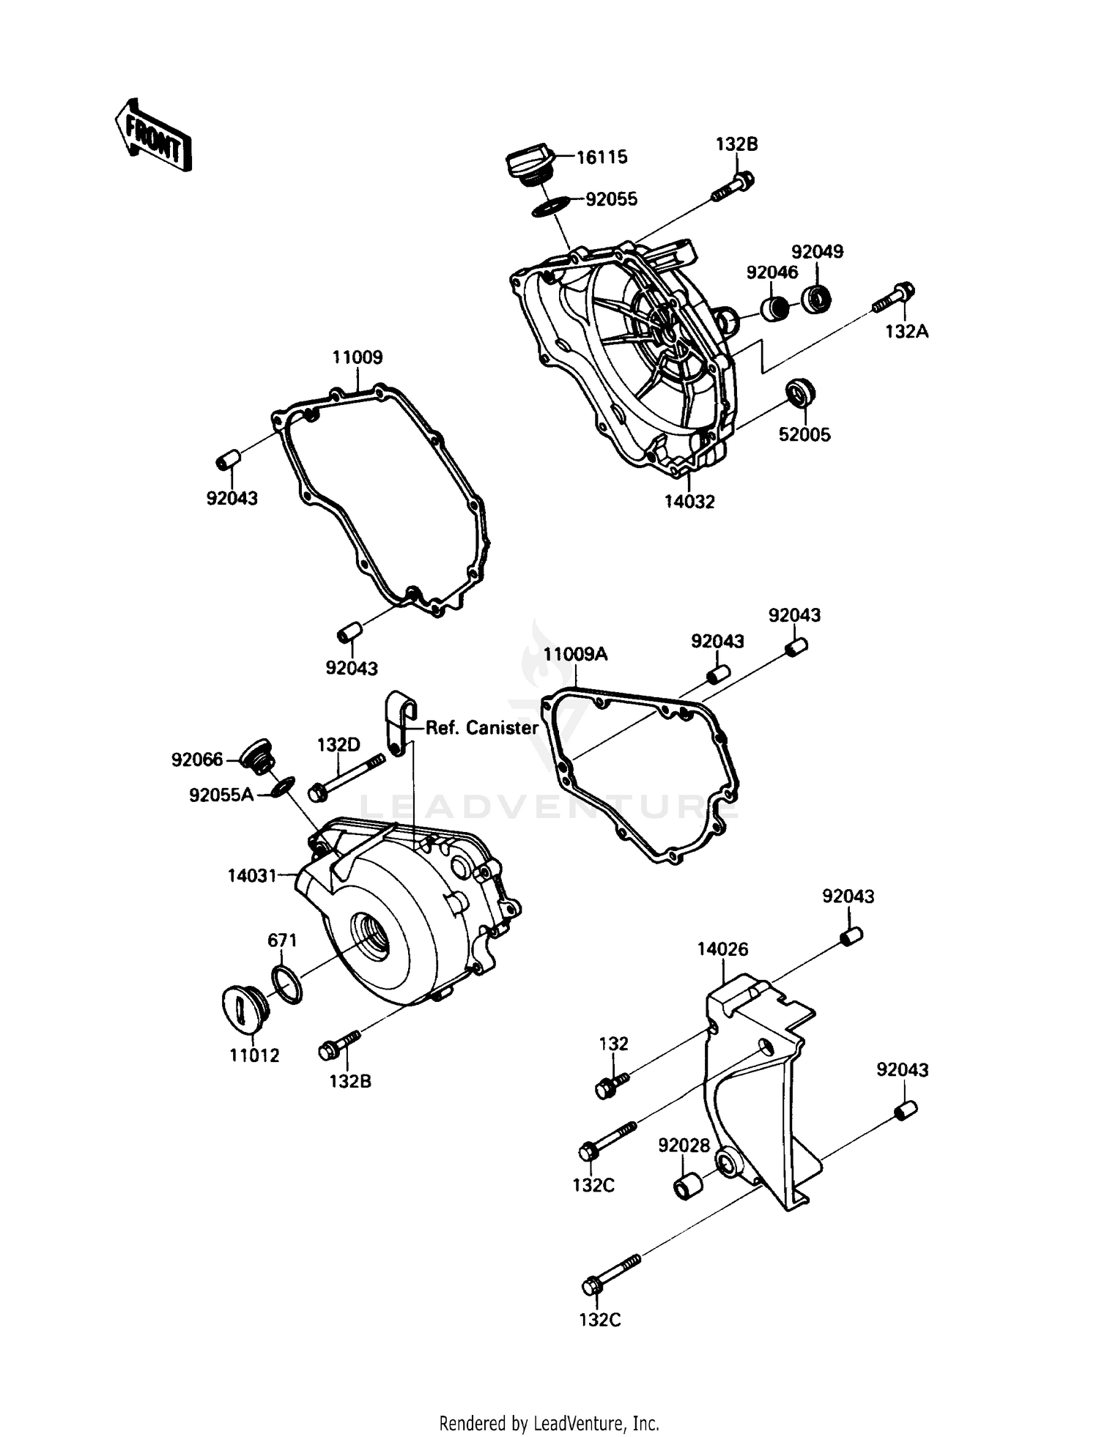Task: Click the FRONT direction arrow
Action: point(152,135)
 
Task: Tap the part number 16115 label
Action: point(602,157)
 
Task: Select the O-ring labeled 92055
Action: point(549,206)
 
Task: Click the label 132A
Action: point(906,332)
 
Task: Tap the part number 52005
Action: point(804,435)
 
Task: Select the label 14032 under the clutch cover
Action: point(689,502)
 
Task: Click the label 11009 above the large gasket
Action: point(358,358)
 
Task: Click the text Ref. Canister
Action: point(482,728)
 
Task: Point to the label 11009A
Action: point(575,655)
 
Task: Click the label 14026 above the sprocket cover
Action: point(722,950)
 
